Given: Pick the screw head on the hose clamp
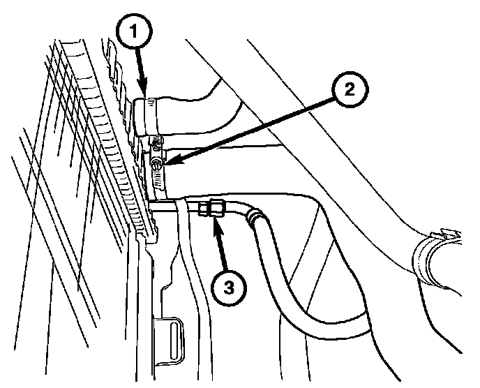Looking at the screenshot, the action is pyautogui.click(x=157, y=165).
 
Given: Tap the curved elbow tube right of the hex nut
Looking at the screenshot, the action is pyautogui.click(x=237, y=208).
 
